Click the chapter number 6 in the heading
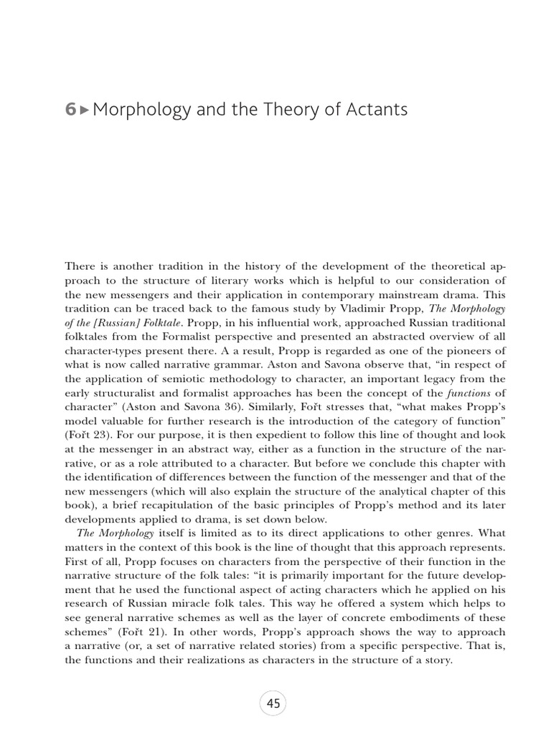click(70, 110)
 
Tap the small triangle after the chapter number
click(85, 111)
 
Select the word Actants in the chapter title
click(377, 110)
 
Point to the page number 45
click(274, 703)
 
